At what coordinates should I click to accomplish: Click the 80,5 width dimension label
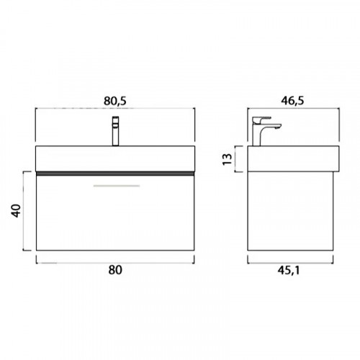tap(115, 101)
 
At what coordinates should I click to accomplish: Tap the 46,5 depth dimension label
tap(292, 100)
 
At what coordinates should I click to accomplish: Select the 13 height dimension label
tap(228, 159)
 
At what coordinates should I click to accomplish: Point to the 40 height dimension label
tap(16, 211)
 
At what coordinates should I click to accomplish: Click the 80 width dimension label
tap(115, 270)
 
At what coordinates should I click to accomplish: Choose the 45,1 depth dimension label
tap(289, 271)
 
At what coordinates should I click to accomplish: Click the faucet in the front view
tap(116, 131)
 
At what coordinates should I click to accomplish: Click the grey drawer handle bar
tap(117, 186)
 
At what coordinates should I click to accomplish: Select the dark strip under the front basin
tap(115, 174)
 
